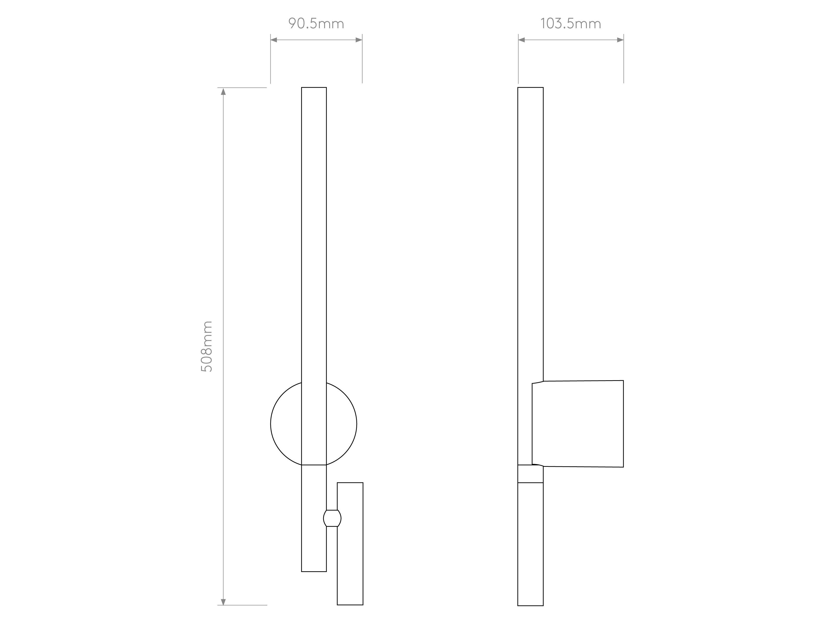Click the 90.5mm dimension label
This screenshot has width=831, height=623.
pos(316,24)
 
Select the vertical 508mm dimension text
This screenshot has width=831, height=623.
pos(207,346)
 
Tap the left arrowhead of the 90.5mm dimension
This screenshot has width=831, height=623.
pos(274,40)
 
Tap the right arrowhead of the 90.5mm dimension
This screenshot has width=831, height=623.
pos(359,40)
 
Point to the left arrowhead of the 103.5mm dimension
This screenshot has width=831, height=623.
pos(522,40)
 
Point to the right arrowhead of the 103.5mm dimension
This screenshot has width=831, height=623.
pos(620,40)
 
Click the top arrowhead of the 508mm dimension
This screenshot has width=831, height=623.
pos(223,91)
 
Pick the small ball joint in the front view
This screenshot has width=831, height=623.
pos(332,518)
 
